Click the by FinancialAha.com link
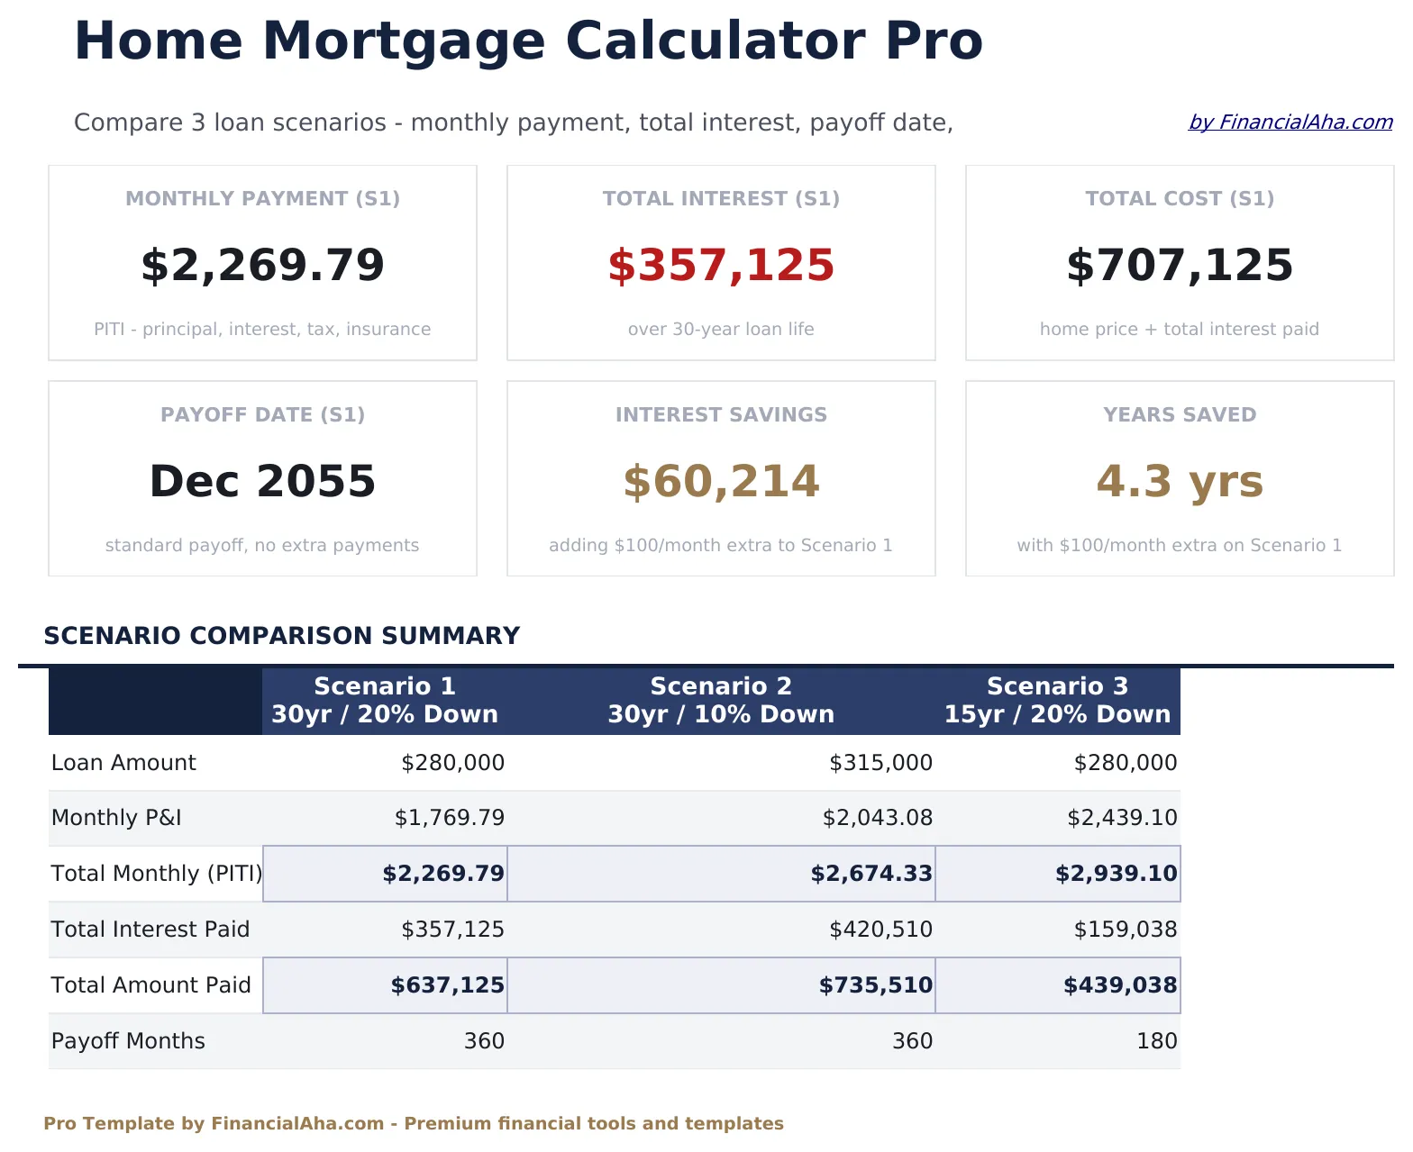tap(1290, 122)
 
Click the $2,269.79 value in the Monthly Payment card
tap(262, 266)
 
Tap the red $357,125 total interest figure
tap(721, 266)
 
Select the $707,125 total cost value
tap(1179, 266)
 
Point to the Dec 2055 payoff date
tap(262, 482)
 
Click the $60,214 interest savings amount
tap(721, 482)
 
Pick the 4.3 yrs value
tap(1179, 482)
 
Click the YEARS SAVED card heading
tap(1179, 415)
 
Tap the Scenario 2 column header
tap(721, 701)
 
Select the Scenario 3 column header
tap(1057, 701)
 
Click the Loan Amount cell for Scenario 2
tap(880, 763)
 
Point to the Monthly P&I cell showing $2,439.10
tap(1121, 818)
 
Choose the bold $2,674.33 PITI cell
tap(871, 874)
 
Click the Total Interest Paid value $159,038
tap(1125, 930)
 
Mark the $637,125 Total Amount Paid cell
tap(447, 985)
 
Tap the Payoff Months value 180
tap(1156, 1041)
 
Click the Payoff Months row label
tap(128, 1041)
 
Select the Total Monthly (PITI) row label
tap(156, 874)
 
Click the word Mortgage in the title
tap(404, 41)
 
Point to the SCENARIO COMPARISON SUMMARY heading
tap(281, 636)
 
